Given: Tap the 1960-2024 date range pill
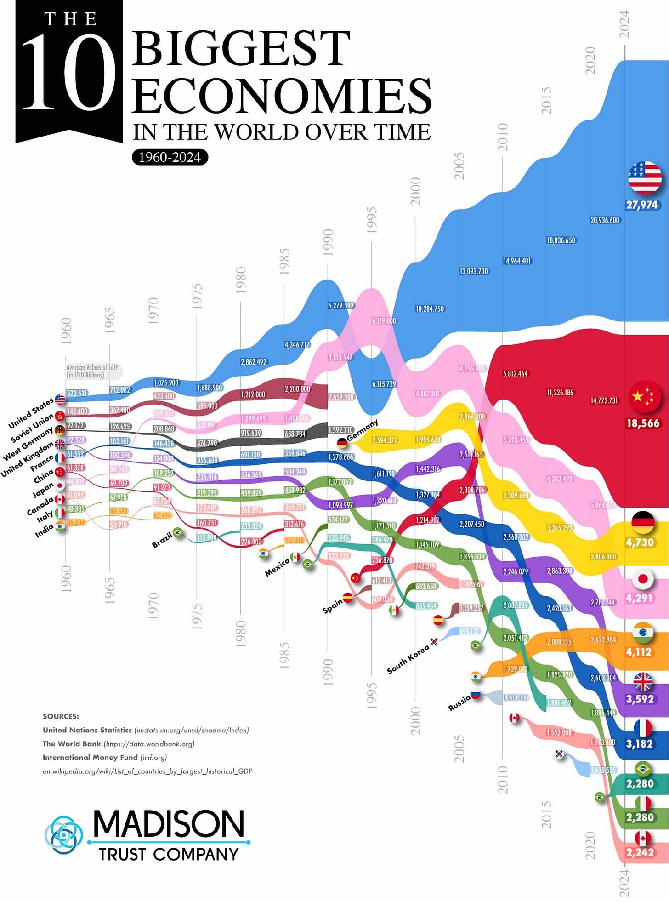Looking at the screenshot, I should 170,157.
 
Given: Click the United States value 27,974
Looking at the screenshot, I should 642,205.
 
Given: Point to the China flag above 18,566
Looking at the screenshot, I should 644,397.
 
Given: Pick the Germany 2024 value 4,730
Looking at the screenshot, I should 640,542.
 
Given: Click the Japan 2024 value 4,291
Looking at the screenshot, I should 640,598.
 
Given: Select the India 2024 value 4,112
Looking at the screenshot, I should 639,651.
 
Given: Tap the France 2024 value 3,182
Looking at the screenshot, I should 640,743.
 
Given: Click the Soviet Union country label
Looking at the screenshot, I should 33,428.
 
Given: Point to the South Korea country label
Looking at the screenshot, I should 408,659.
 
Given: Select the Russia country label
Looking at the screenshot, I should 459,702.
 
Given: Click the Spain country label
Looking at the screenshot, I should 333,606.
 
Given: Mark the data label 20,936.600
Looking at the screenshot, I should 605,220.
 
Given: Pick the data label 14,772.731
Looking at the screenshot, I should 604,400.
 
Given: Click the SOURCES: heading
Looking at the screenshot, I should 61,716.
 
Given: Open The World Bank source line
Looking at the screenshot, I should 119,744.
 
